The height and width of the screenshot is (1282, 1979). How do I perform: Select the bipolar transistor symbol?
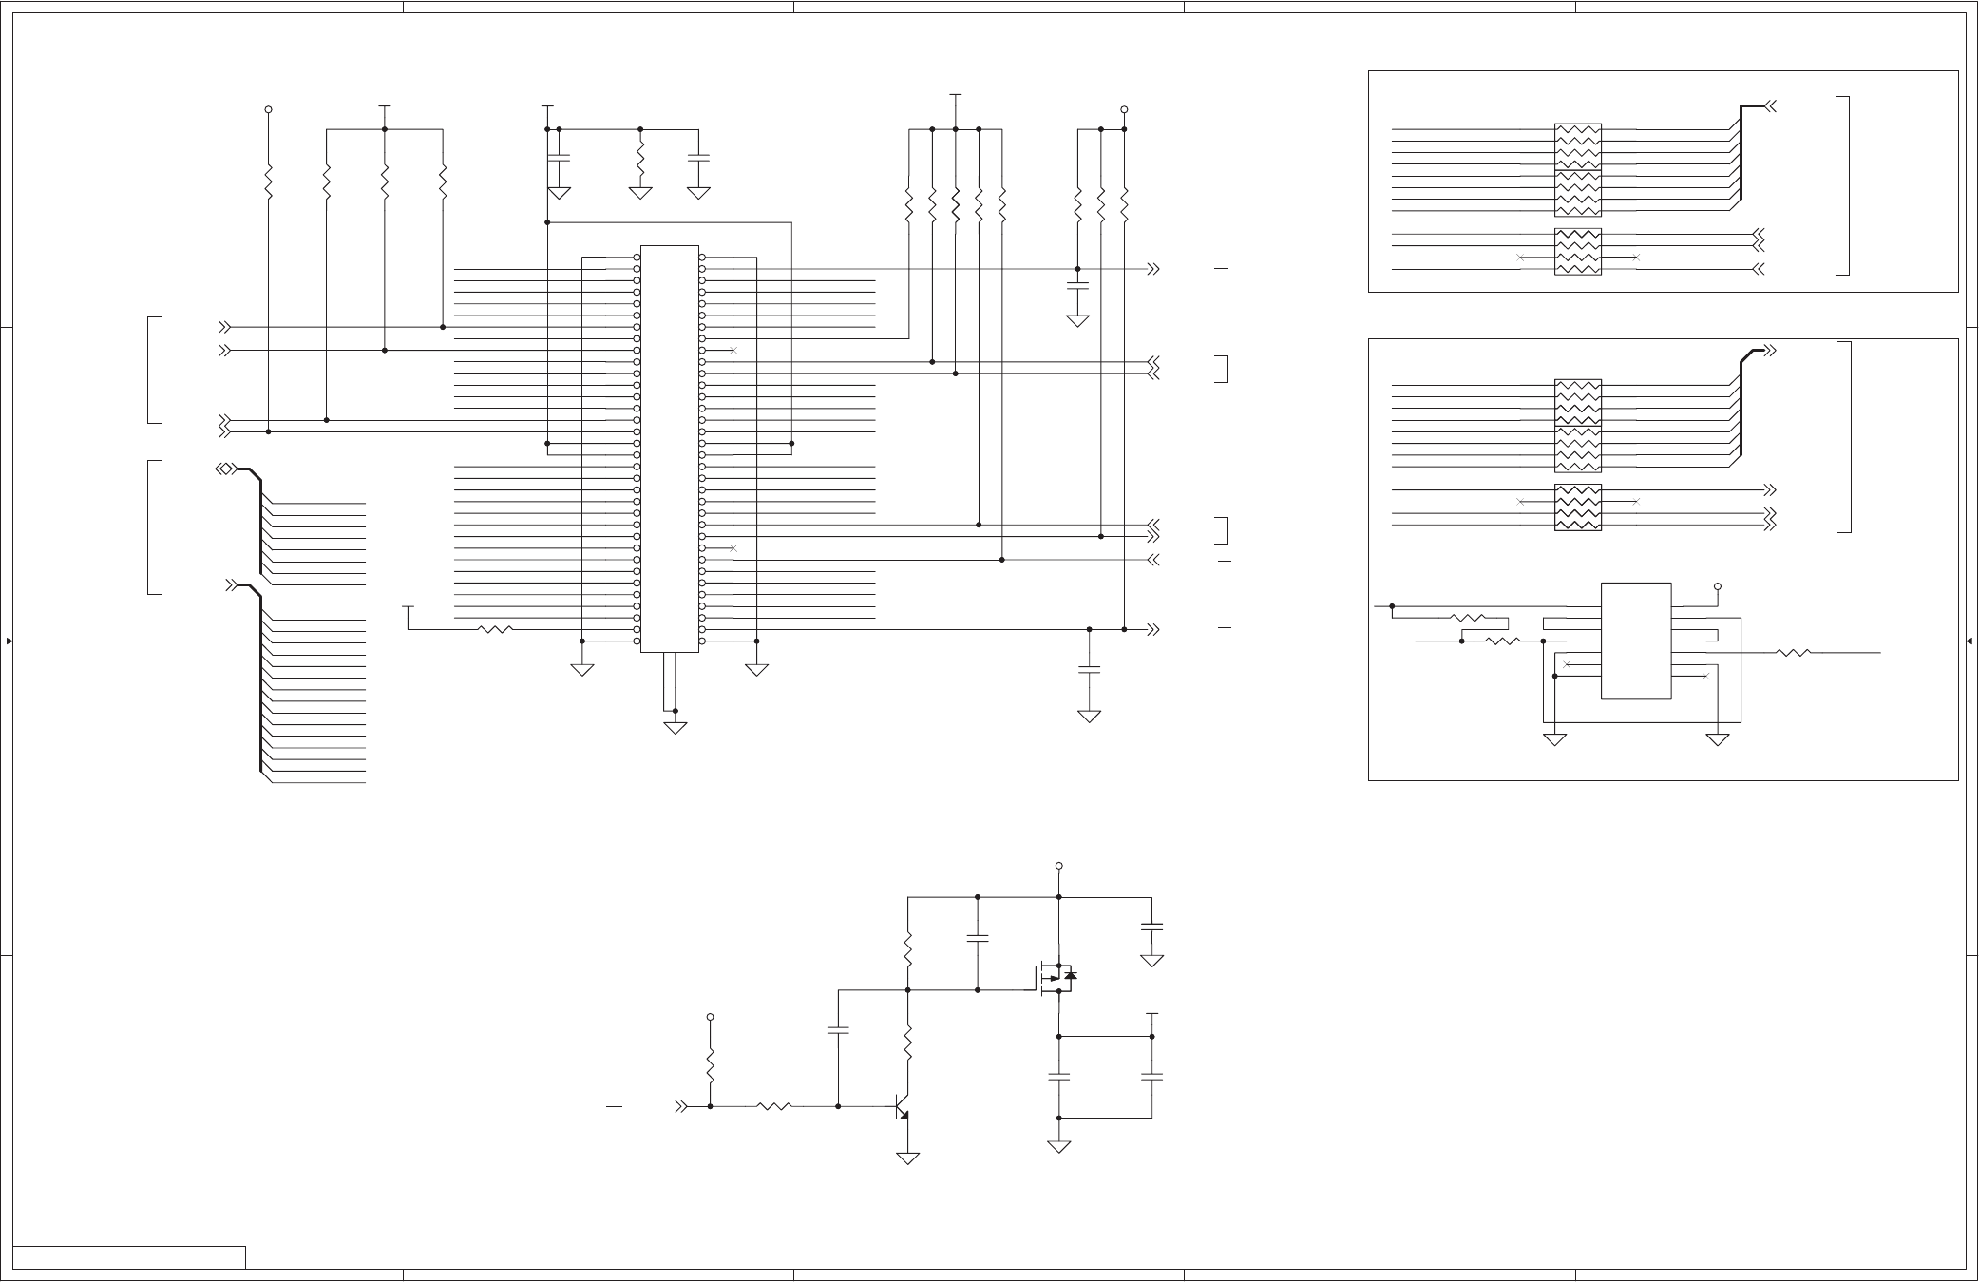coord(903,1107)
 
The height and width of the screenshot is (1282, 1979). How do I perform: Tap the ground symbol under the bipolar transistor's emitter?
coord(908,1158)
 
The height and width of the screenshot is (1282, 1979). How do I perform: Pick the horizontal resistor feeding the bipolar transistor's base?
coord(774,1106)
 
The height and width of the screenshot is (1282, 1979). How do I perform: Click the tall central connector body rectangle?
coord(670,449)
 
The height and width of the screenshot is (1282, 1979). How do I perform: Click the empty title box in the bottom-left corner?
coord(129,1257)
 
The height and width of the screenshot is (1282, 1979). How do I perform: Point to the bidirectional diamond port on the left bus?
coord(224,469)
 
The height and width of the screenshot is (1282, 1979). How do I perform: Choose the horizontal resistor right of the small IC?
coord(1793,653)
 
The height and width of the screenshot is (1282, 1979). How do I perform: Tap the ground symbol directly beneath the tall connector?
coord(675,728)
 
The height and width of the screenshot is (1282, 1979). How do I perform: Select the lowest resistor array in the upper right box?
coord(1578,252)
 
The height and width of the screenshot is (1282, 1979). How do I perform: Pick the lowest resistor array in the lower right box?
coord(1578,507)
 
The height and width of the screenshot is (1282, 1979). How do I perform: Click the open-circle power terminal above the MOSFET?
coord(1058,866)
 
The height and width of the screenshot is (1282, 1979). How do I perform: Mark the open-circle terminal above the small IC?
coord(1718,586)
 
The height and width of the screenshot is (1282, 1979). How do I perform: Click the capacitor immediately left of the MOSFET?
coord(978,939)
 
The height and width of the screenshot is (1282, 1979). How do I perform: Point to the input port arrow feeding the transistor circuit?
coord(680,1106)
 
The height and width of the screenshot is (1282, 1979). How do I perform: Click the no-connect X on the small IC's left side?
coord(1567,664)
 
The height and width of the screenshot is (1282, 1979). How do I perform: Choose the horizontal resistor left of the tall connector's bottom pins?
coord(495,629)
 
